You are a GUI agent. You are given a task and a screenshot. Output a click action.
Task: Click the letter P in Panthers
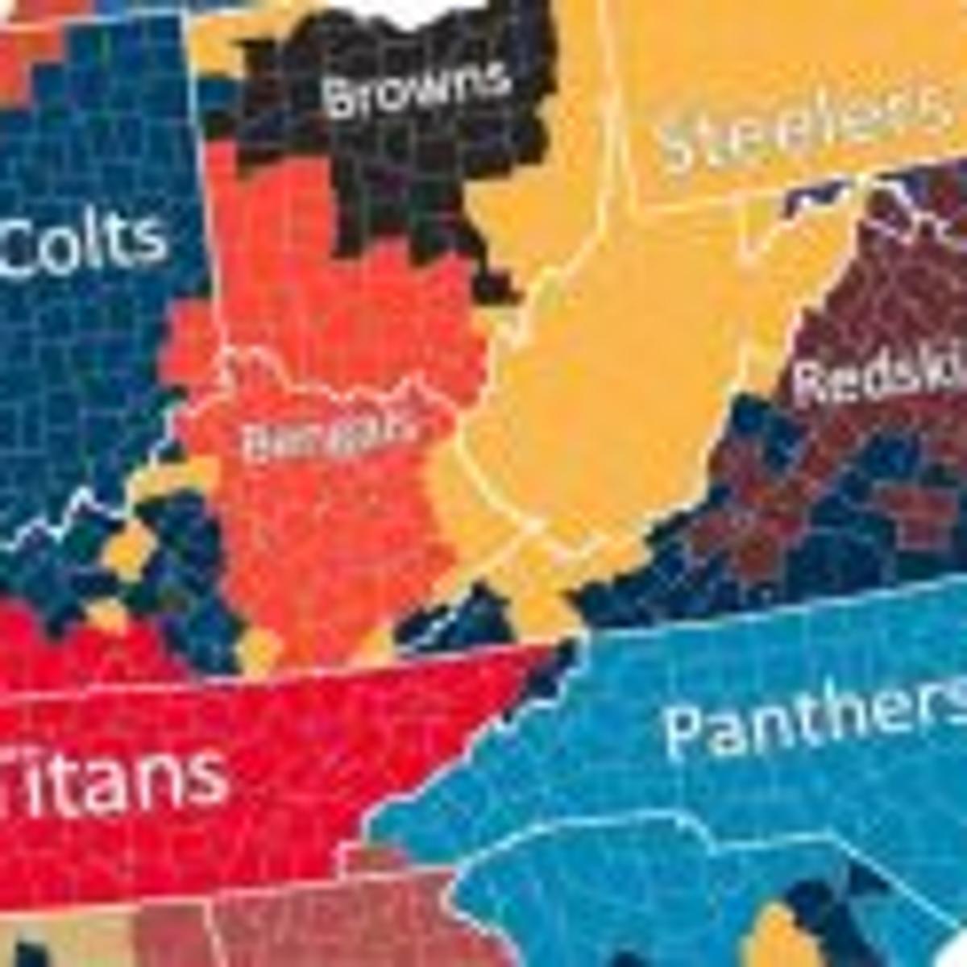(x=689, y=729)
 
